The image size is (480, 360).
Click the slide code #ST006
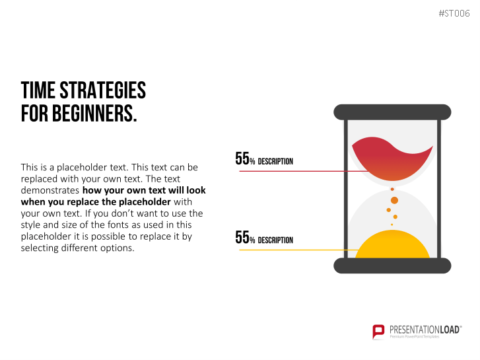[x=454, y=13]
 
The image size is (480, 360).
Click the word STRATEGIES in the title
[x=102, y=90]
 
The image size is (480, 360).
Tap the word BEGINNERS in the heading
[x=94, y=114]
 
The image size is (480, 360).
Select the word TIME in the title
[x=38, y=90]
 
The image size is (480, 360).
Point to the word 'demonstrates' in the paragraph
[x=50, y=190]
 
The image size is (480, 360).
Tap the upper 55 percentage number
[x=242, y=159]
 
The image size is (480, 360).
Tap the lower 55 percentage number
[x=242, y=237]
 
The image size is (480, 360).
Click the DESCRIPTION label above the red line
[x=275, y=161]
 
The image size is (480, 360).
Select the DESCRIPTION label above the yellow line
[x=275, y=240]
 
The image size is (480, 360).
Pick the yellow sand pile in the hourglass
[x=392, y=245]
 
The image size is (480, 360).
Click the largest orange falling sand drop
[x=394, y=200]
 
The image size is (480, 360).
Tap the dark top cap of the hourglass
[x=392, y=112]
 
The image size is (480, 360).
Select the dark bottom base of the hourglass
[x=392, y=266]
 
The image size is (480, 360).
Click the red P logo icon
[x=378, y=332]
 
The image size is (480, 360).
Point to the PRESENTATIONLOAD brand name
[x=425, y=330]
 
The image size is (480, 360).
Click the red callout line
[x=304, y=171]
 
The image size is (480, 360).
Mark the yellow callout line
[x=298, y=250]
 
